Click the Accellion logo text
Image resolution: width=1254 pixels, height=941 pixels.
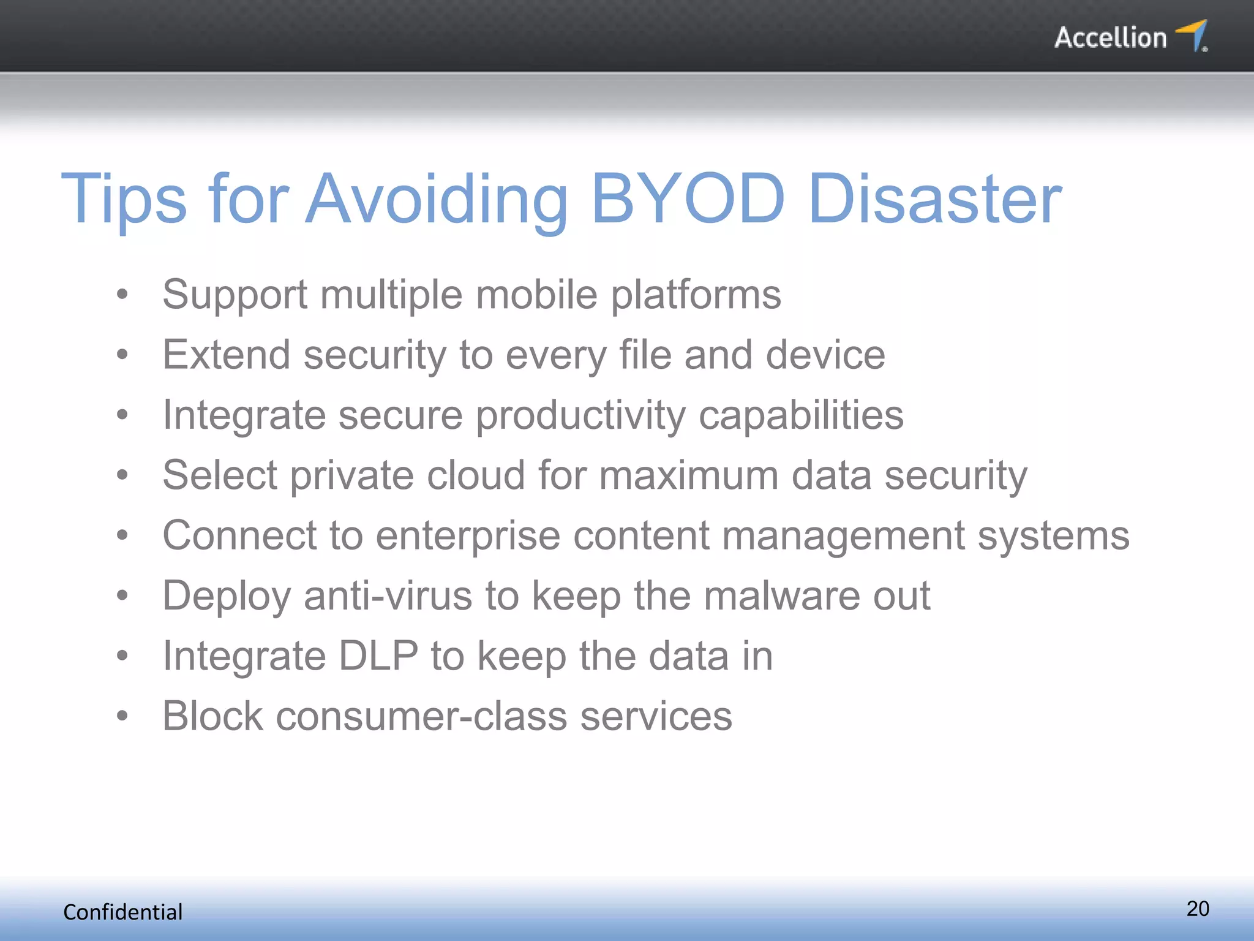[x=1110, y=38]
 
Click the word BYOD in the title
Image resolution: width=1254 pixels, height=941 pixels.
[x=688, y=199]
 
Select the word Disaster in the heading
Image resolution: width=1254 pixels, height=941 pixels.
[x=935, y=199]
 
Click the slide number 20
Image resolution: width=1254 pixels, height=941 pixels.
[x=1198, y=909]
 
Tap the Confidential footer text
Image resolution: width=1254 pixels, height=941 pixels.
[x=123, y=912]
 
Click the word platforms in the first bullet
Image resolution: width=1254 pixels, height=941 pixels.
[x=696, y=295]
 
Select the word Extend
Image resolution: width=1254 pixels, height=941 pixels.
[x=226, y=355]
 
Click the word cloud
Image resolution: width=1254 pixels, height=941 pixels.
[x=476, y=475]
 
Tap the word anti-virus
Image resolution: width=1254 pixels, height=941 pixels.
[x=388, y=596]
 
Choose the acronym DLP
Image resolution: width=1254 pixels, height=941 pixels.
[x=378, y=656]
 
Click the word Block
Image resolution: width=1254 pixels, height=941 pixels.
[x=212, y=716]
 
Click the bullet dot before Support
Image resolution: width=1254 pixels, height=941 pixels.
[x=122, y=295]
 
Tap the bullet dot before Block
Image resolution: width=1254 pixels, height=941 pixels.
[x=122, y=716]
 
